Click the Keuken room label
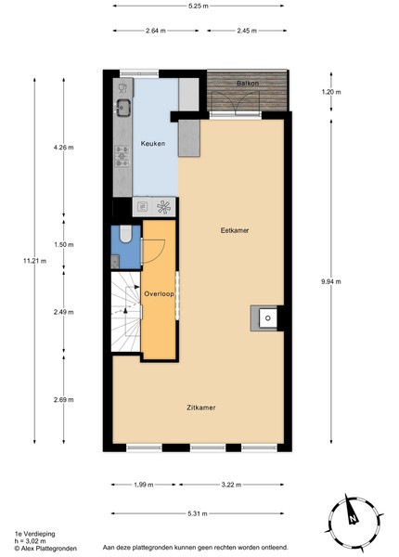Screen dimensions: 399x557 tap(153, 144)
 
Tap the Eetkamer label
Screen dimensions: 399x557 tap(235, 230)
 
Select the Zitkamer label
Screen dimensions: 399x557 tap(201, 408)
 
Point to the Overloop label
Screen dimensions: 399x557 tap(159, 293)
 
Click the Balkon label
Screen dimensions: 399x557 tap(248, 84)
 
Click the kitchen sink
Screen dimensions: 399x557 tap(123, 108)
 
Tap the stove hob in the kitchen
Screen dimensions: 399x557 tap(122, 156)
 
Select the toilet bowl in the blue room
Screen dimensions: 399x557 tap(125, 234)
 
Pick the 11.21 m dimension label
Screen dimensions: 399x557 tap(34, 261)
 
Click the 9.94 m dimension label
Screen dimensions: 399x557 tap(331, 281)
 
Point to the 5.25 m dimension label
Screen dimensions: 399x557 tap(199, 6)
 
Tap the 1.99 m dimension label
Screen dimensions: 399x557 tap(144, 485)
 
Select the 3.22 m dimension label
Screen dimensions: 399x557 tap(231, 485)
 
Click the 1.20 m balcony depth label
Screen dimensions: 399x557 tap(331, 92)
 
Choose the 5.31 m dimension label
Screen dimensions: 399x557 tap(198, 513)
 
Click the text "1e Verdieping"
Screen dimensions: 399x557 tap(34, 534)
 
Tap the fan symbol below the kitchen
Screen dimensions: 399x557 tap(163, 207)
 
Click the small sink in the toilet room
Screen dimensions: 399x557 tap(115, 262)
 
